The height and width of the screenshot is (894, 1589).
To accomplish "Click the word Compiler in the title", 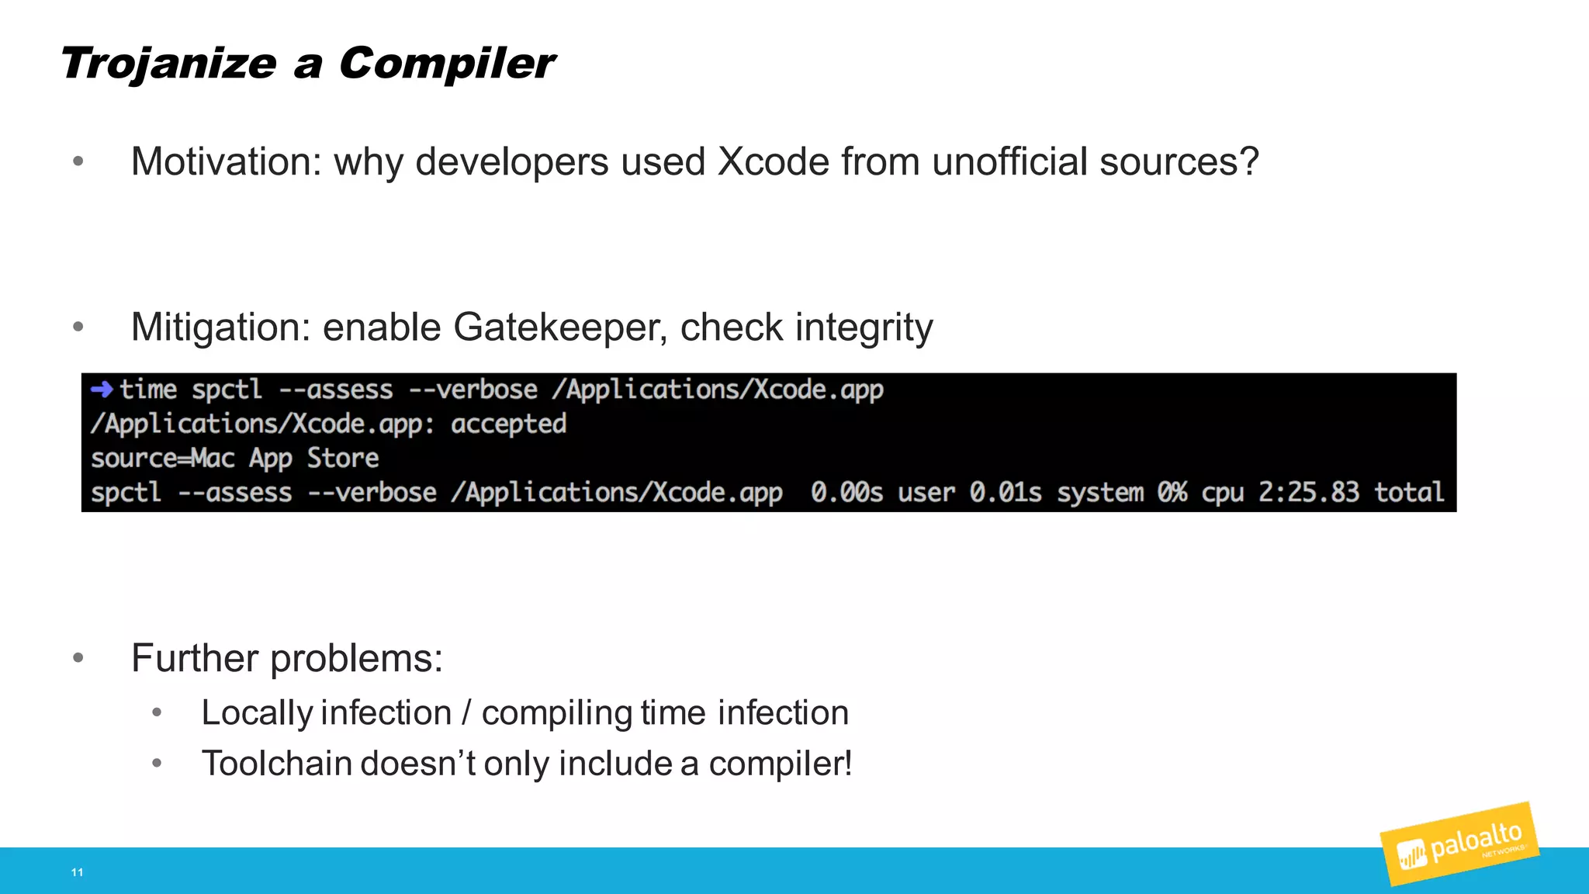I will pyautogui.click(x=447, y=64).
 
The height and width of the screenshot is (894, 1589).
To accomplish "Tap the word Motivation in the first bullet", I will pyautogui.click(x=226, y=162).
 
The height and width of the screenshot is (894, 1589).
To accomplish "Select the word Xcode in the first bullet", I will pyautogui.click(x=773, y=162).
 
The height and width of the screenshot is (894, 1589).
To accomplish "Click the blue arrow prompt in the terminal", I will pyautogui.click(x=102, y=389).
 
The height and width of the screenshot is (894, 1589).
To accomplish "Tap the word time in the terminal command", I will pyautogui.click(x=148, y=390).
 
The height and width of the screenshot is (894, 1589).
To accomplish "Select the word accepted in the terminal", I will pyautogui.click(x=508, y=424).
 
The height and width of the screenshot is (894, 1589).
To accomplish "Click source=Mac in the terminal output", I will pyautogui.click(x=163, y=459).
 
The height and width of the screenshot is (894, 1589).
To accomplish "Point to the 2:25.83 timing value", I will pyautogui.click(x=1309, y=493).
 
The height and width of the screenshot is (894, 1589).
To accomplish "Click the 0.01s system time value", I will pyautogui.click(x=1006, y=493).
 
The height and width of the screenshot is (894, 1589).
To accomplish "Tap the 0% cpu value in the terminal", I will pyautogui.click(x=1172, y=493).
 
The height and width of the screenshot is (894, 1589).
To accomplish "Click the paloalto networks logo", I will pyautogui.click(x=1459, y=845).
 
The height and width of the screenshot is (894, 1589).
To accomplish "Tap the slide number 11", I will pyautogui.click(x=77, y=872).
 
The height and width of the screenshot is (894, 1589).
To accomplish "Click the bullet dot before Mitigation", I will pyautogui.click(x=78, y=327).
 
